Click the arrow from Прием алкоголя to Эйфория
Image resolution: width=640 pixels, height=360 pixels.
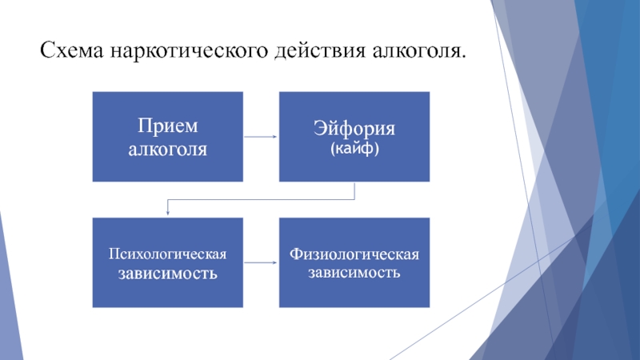[x=261, y=137]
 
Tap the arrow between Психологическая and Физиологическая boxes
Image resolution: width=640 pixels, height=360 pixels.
[x=261, y=262]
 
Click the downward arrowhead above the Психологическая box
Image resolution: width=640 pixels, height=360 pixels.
[x=168, y=212]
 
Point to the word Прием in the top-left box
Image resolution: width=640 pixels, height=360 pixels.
[x=168, y=126]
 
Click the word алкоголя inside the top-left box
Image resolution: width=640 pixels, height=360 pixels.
[x=168, y=148]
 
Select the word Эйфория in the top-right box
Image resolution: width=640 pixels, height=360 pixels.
[x=354, y=129]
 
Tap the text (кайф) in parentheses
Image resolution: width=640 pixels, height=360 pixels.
[x=354, y=148]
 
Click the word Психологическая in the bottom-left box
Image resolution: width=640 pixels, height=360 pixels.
[x=168, y=254]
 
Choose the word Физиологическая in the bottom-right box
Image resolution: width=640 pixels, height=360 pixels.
[x=354, y=254]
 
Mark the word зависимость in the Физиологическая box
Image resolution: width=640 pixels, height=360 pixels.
[x=354, y=272]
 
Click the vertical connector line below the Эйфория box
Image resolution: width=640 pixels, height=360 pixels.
[x=354, y=190]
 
